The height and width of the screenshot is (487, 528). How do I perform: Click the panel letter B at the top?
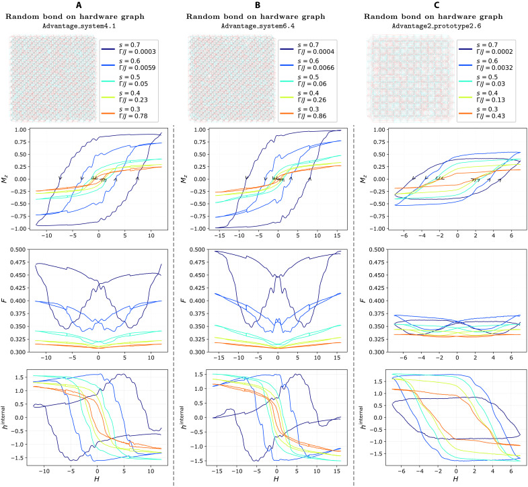click(x=258, y=5)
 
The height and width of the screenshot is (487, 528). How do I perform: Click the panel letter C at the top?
click(x=437, y=5)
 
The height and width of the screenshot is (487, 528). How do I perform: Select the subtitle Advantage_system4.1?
click(x=79, y=26)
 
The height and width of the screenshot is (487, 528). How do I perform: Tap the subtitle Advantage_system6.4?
click(x=258, y=26)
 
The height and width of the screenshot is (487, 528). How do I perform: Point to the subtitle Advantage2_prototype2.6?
click(x=437, y=26)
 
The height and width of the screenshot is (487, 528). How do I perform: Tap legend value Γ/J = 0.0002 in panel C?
click(x=494, y=52)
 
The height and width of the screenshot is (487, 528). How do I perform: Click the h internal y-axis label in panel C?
click(x=363, y=418)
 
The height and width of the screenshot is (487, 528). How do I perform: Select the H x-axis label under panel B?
click(x=276, y=478)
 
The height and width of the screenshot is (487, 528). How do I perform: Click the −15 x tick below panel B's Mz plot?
click(x=219, y=235)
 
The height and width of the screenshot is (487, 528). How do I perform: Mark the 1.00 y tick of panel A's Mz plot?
click(x=21, y=130)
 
